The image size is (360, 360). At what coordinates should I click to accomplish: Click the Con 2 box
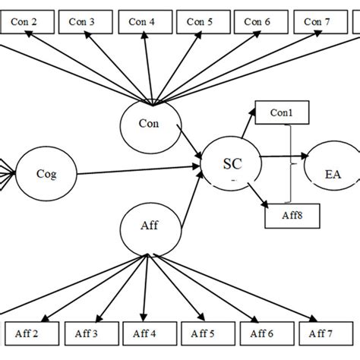tap(27, 22)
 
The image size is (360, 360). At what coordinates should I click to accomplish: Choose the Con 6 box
tap(261, 22)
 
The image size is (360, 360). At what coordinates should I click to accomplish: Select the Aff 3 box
tap(86, 333)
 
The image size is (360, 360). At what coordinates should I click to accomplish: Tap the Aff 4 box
tap(145, 333)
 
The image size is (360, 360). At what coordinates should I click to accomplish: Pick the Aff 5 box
tap(203, 333)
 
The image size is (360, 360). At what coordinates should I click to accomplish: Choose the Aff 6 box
tap(261, 333)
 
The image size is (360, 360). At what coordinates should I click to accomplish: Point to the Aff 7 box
tap(319, 333)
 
